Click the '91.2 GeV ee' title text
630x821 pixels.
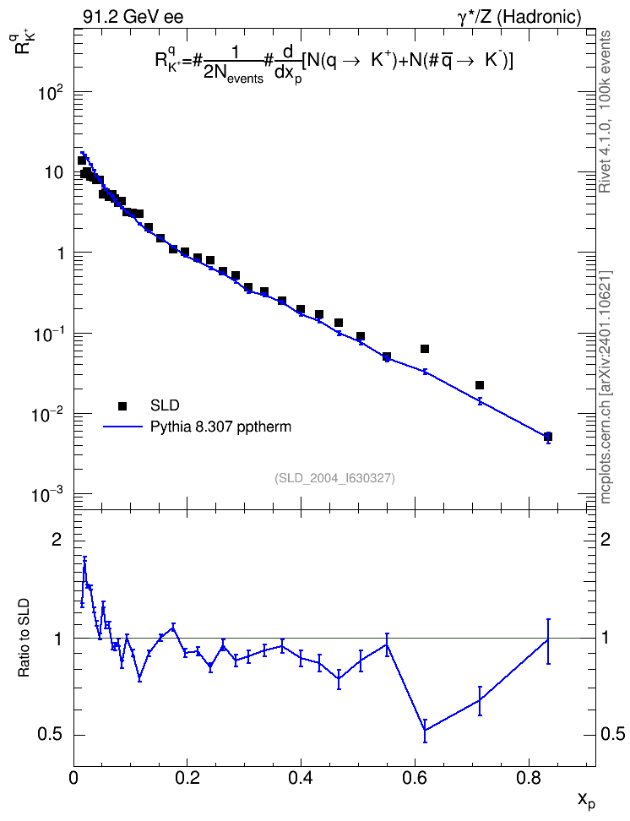pos(133,17)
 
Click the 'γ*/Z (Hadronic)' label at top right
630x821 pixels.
pos(519,18)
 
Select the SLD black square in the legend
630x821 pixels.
pos(122,405)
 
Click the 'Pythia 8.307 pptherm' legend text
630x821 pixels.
pos(220,427)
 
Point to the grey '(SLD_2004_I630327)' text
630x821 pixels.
pos(334,478)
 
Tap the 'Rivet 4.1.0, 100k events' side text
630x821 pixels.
pos(605,112)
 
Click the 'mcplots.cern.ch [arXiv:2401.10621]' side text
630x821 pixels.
pos(605,387)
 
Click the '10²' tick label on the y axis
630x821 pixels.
pos(51,93)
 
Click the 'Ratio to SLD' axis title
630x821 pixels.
pos(24,638)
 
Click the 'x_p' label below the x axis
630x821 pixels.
pos(586,800)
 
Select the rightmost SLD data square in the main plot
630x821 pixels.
pos(548,436)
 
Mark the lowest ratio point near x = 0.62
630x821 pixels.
pos(425,731)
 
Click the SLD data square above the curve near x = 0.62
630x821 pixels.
pos(425,349)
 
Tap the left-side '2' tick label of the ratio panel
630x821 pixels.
pos(57,540)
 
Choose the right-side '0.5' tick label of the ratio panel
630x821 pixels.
pos(612,735)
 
